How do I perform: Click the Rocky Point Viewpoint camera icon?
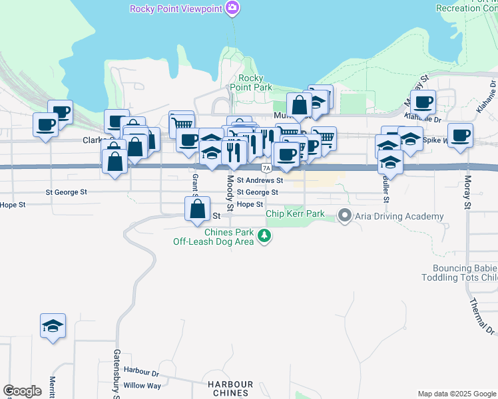tap(232, 9)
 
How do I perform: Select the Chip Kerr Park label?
tap(295, 213)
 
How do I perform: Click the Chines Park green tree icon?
tap(265, 235)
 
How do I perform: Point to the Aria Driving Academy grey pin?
tap(344, 215)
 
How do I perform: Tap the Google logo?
tap(23, 391)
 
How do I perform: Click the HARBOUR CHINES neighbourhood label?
tap(230, 388)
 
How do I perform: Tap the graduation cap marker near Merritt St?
tap(53, 326)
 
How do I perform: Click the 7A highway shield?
tap(266, 168)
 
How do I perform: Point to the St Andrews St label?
tap(260, 180)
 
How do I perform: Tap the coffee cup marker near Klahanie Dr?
tap(423, 102)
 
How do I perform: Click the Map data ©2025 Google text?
tap(457, 394)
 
